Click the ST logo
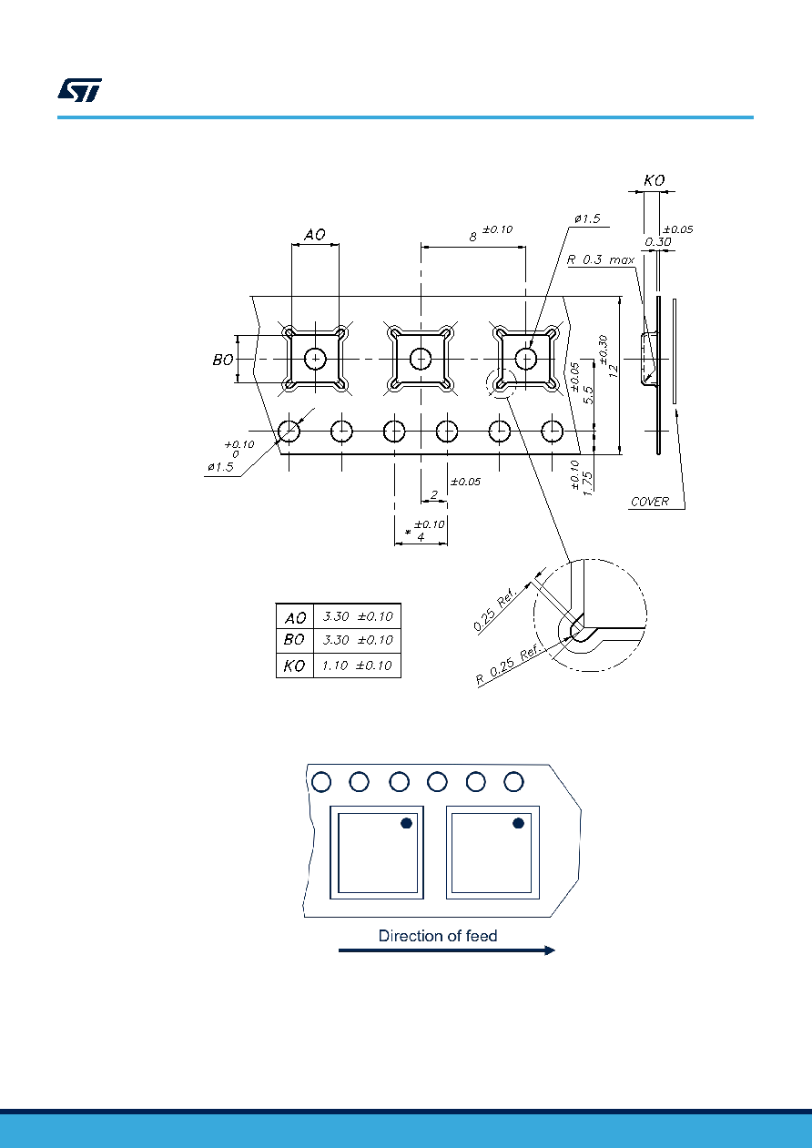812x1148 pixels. (x=79, y=90)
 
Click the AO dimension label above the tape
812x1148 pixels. (x=315, y=235)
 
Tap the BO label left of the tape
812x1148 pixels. (x=223, y=360)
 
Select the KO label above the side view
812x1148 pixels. (x=655, y=180)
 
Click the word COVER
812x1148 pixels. (x=650, y=502)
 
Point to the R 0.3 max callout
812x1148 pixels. (x=601, y=259)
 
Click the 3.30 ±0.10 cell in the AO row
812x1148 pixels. (x=358, y=616)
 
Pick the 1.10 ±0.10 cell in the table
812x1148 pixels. (x=357, y=665)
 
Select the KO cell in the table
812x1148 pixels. (x=295, y=665)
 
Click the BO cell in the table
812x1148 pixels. (x=294, y=640)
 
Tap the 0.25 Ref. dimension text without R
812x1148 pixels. (x=494, y=609)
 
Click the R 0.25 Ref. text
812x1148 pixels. (x=508, y=665)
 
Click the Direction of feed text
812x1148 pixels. (x=438, y=936)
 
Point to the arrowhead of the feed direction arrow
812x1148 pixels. (x=549, y=950)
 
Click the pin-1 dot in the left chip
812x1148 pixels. (x=406, y=823)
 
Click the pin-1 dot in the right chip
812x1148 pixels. (x=518, y=823)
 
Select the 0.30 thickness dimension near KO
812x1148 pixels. (x=658, y=242)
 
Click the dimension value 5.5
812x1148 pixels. (x=588, y=394)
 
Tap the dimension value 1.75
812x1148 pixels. (x=588, y=483)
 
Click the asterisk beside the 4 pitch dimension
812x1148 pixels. (x=408, y=532)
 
